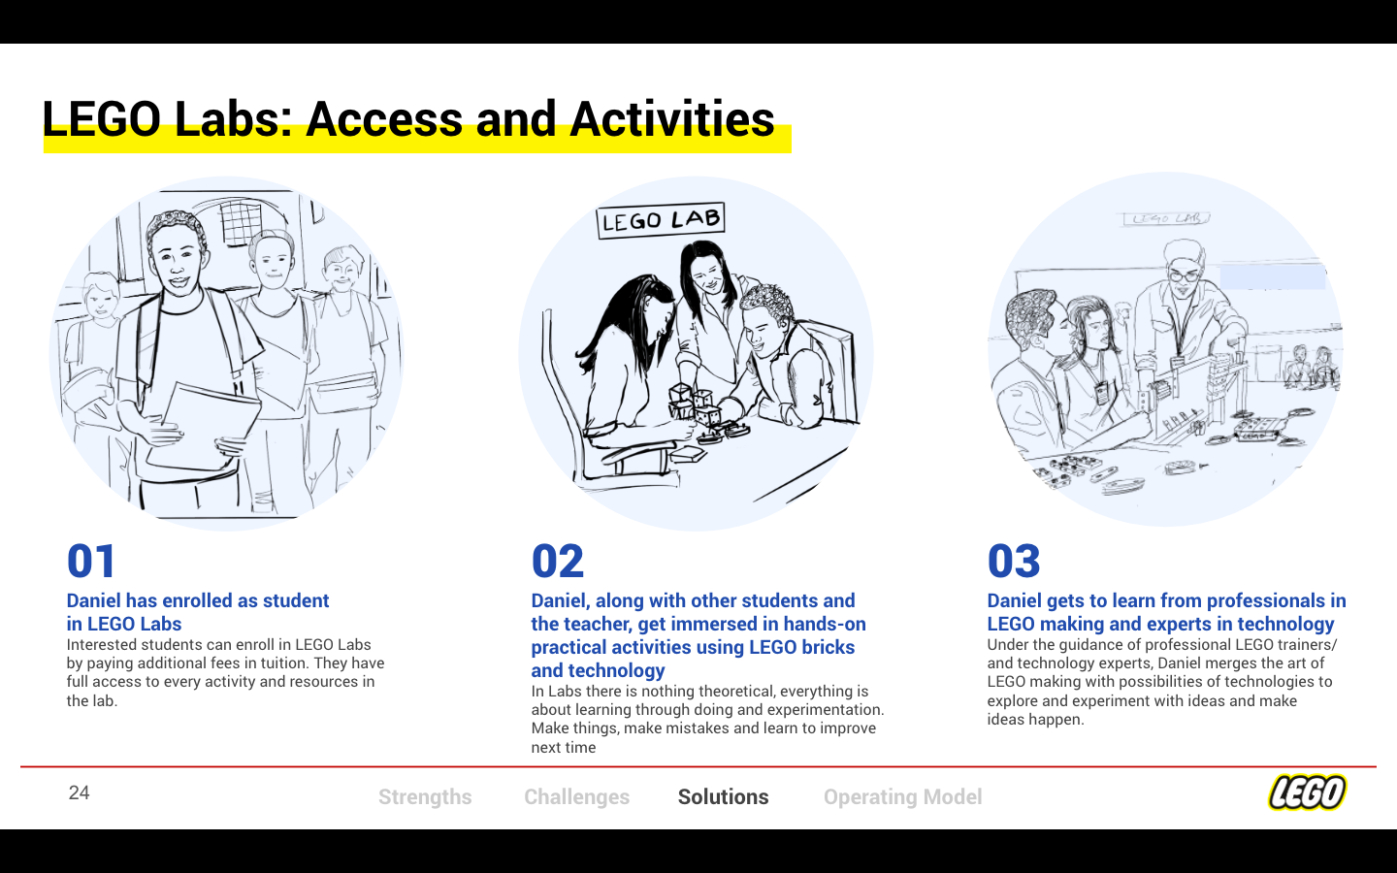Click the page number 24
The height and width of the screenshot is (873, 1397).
[80, 792]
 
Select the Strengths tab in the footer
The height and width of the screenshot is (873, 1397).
[425, 797]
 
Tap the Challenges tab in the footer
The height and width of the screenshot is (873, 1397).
[577, 797]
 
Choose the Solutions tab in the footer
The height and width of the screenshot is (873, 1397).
[724, 797]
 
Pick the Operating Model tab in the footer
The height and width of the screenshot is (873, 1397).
[903, 797]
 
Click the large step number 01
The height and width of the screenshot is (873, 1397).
[91, 562]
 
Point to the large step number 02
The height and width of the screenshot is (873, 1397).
[558, 562]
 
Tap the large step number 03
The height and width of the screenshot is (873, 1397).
[1014, 562]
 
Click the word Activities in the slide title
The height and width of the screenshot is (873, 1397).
[671, 118]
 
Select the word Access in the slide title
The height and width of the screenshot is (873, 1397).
[384, 119]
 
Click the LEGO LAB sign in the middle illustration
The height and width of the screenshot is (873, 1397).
[661, 220]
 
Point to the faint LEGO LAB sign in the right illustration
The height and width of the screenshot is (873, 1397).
[1167, 218]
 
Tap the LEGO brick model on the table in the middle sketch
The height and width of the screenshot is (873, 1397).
[693, 405]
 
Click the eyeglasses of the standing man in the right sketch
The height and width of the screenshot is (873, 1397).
[1185, 275]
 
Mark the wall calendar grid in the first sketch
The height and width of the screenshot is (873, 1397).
[242, 221]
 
